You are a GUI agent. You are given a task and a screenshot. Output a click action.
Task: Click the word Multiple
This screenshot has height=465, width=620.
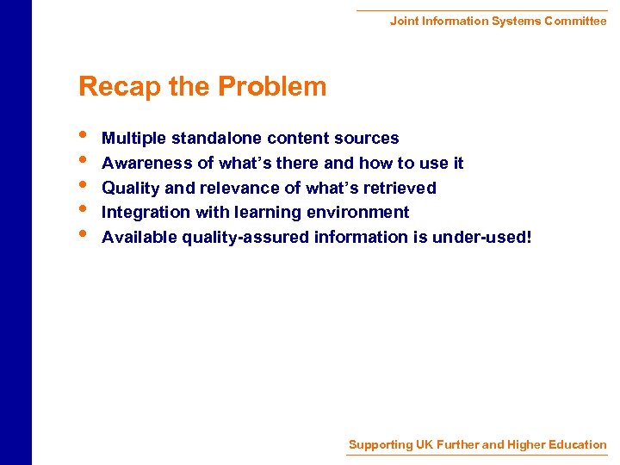pyautogui.click(x=134, y=139)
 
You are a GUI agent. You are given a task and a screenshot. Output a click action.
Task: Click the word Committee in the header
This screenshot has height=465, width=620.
pyautogui.click(x=575, y=21)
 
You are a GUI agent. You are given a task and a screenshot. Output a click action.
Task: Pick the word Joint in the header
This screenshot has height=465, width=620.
pyautogui.click(x=404, y=21)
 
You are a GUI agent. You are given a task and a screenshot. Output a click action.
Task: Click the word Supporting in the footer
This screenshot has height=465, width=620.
pyautogui.click(x=381, y=445)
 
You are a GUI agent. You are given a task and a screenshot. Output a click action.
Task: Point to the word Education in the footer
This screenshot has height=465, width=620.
pyautogui.click(x=576, y=445)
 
